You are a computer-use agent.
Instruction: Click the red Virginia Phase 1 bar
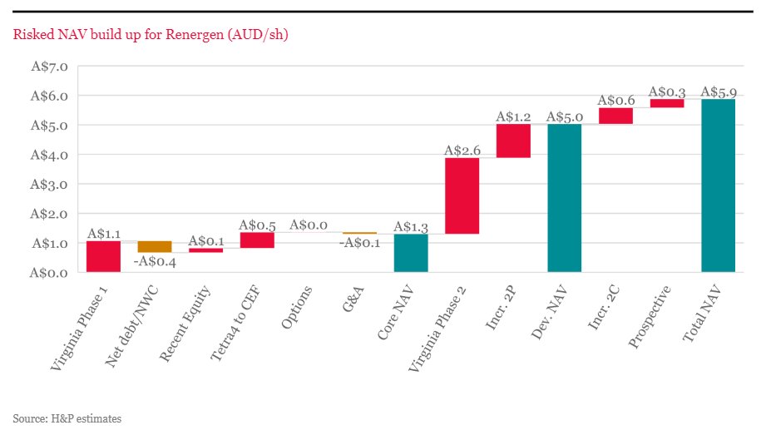tap(103, 256)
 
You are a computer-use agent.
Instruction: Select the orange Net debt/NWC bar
tap(155, 246)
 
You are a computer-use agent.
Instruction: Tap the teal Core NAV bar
tap(411, 253)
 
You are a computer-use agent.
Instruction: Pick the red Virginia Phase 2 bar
tap(462, 195)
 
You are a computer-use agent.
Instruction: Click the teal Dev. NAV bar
tap(565, 198)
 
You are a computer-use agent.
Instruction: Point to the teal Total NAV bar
tap(718, 185)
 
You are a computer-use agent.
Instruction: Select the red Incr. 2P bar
tap(513, 141)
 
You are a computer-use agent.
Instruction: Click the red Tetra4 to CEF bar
tap(257, 240)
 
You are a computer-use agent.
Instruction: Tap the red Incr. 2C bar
tap(615, 116)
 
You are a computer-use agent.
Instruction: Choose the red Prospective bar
tap(667, 103)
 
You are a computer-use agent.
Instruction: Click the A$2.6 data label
tap(462, 151)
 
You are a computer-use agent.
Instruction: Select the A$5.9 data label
tap(719, 91)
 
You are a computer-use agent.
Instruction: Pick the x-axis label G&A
tap(353, 297)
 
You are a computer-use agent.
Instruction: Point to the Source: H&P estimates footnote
tap(67, 418)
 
